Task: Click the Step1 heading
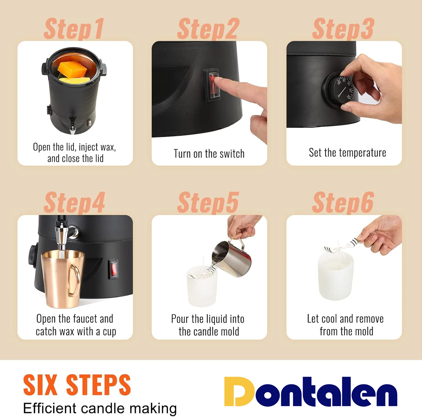click(x=74, y=29)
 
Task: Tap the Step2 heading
click(x=208, y=29)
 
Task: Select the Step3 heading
click(x=343, y=29)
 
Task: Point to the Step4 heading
click(x=74, y=203)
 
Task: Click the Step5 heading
click(x=208, y=203)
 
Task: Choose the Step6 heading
click(x=343, y=203)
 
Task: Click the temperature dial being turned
click(x=340, y=89)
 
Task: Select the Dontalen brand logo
click(x=311, y=392)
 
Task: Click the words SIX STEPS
click(x=77, y=385)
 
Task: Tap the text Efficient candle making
click(x=100, y=408)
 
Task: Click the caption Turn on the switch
click(x=209, y=154)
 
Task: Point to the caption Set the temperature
click(x=347, y=153)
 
